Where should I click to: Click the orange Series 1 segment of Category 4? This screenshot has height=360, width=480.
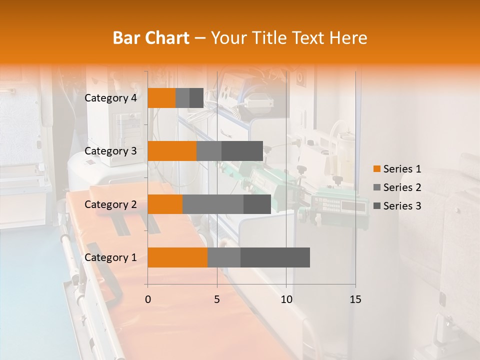tap(161, 98)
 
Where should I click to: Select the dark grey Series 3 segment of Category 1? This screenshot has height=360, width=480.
tap(275, 257)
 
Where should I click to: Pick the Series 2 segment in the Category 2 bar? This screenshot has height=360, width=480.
tap(213, 204)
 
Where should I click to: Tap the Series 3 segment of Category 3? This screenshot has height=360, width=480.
tap(242, 151)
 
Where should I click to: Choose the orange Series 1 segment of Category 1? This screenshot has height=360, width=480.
tap(177, 257)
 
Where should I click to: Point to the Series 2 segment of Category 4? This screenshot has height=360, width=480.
tap(182, 98)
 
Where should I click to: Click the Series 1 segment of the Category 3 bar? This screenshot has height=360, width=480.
tap(172, 151)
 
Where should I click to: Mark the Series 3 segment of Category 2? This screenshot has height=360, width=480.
tap(257, 204)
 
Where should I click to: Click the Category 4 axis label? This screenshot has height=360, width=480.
tap(110, 98)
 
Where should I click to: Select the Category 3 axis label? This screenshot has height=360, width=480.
tap(110, 151)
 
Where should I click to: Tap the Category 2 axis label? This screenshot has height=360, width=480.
tap(110, 204)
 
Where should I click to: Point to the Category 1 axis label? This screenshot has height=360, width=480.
tap(110, 257)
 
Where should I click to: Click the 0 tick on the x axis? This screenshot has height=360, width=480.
tap(148, 299)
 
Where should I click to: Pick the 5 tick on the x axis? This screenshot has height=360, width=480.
tap(217, 299)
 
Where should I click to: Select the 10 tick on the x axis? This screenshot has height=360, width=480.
tap(286, 299)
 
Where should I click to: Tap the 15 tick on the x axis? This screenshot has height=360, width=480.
tap(355, 299)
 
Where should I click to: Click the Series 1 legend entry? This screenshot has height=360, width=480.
tap(397, 169)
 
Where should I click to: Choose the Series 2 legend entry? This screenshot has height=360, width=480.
tap(397, 187)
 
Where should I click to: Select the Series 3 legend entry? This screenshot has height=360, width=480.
tap(397, 206)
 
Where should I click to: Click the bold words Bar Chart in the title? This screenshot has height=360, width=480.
tap(151, 37)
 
